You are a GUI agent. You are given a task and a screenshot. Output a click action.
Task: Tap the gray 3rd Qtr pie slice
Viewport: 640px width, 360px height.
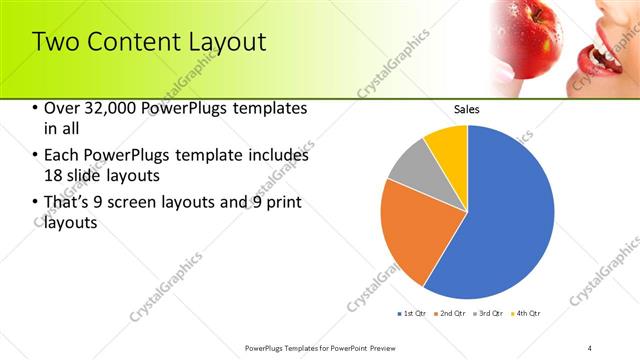408,166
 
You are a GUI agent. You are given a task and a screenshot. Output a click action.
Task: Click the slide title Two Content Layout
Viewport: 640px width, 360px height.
149,42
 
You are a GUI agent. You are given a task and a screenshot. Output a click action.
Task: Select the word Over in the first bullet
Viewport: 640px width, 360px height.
60,108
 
